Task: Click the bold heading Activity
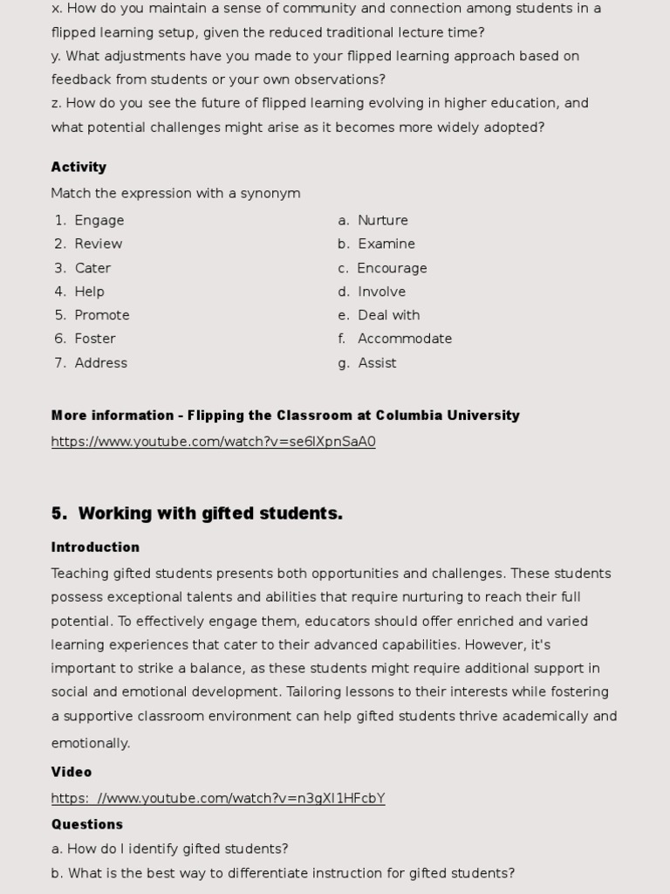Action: (x=79, y=167)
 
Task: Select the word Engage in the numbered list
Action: (x=99, y=220)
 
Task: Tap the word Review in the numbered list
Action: (x=98, y=244)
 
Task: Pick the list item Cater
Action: (x=92, y=268)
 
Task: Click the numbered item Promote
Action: (x=101, y=315)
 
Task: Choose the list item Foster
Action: (x=94, y=339)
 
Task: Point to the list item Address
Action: (x=100, y=363)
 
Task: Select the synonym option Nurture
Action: (x=382, y=220)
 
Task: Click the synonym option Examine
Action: (x=386, y=244)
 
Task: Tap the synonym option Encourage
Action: (x=392, y=268)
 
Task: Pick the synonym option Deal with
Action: (x=388, y=315)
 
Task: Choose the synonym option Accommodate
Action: (x=404, y=339)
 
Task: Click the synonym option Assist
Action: (x=377, y=363)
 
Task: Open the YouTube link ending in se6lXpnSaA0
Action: (x=213, y=442)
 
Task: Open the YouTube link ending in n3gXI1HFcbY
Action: (x=218, y=798)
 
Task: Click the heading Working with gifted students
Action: (x=209, y=513)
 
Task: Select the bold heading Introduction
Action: (x=95, y=547)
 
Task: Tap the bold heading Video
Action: (x=71, y=772)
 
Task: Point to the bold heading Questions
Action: (x=86, y=824)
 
